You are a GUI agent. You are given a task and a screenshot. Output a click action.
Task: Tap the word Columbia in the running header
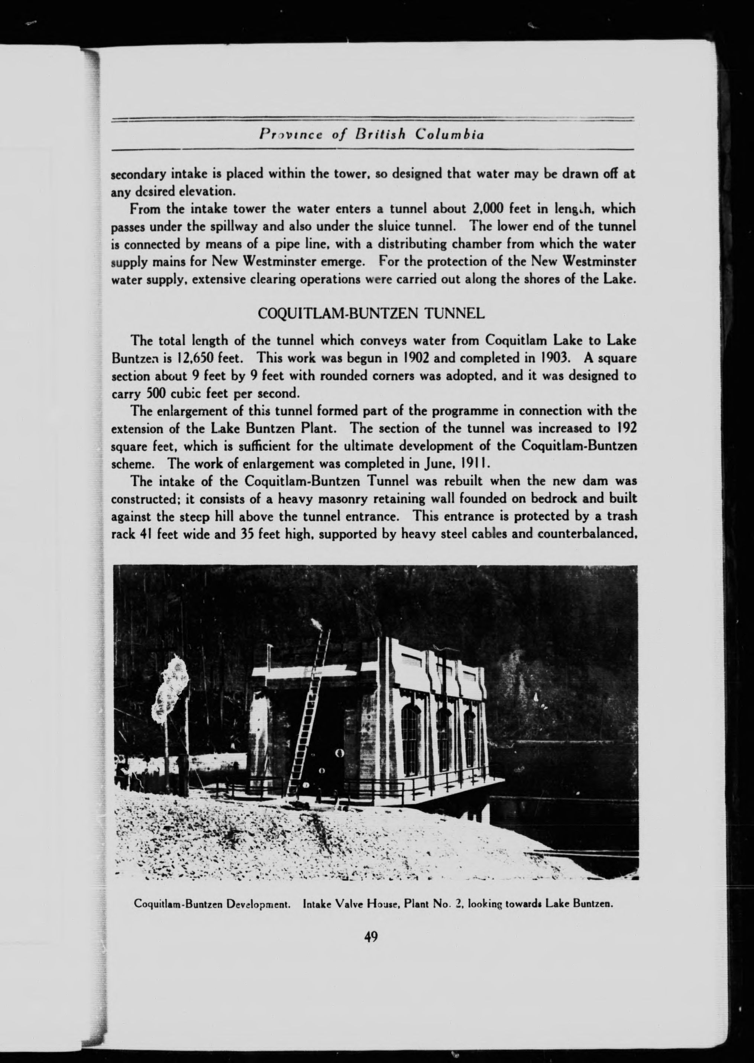click(450, 135)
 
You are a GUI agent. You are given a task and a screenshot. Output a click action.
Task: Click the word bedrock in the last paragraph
click(557, 499)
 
